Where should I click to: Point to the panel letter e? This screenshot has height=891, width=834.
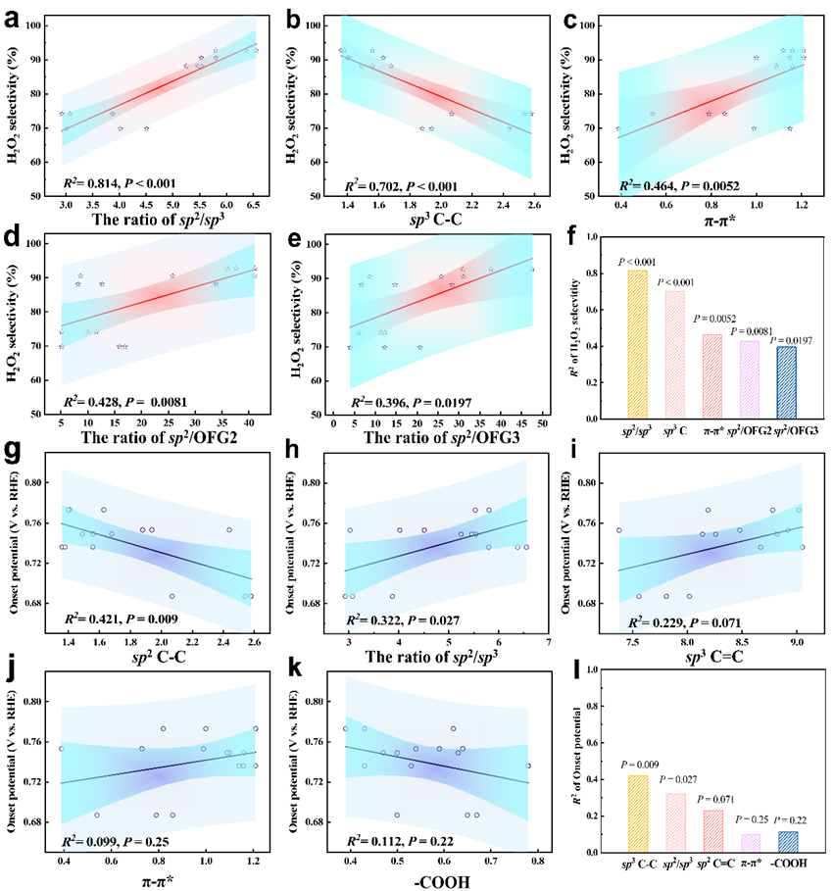(x=288, y=238)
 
